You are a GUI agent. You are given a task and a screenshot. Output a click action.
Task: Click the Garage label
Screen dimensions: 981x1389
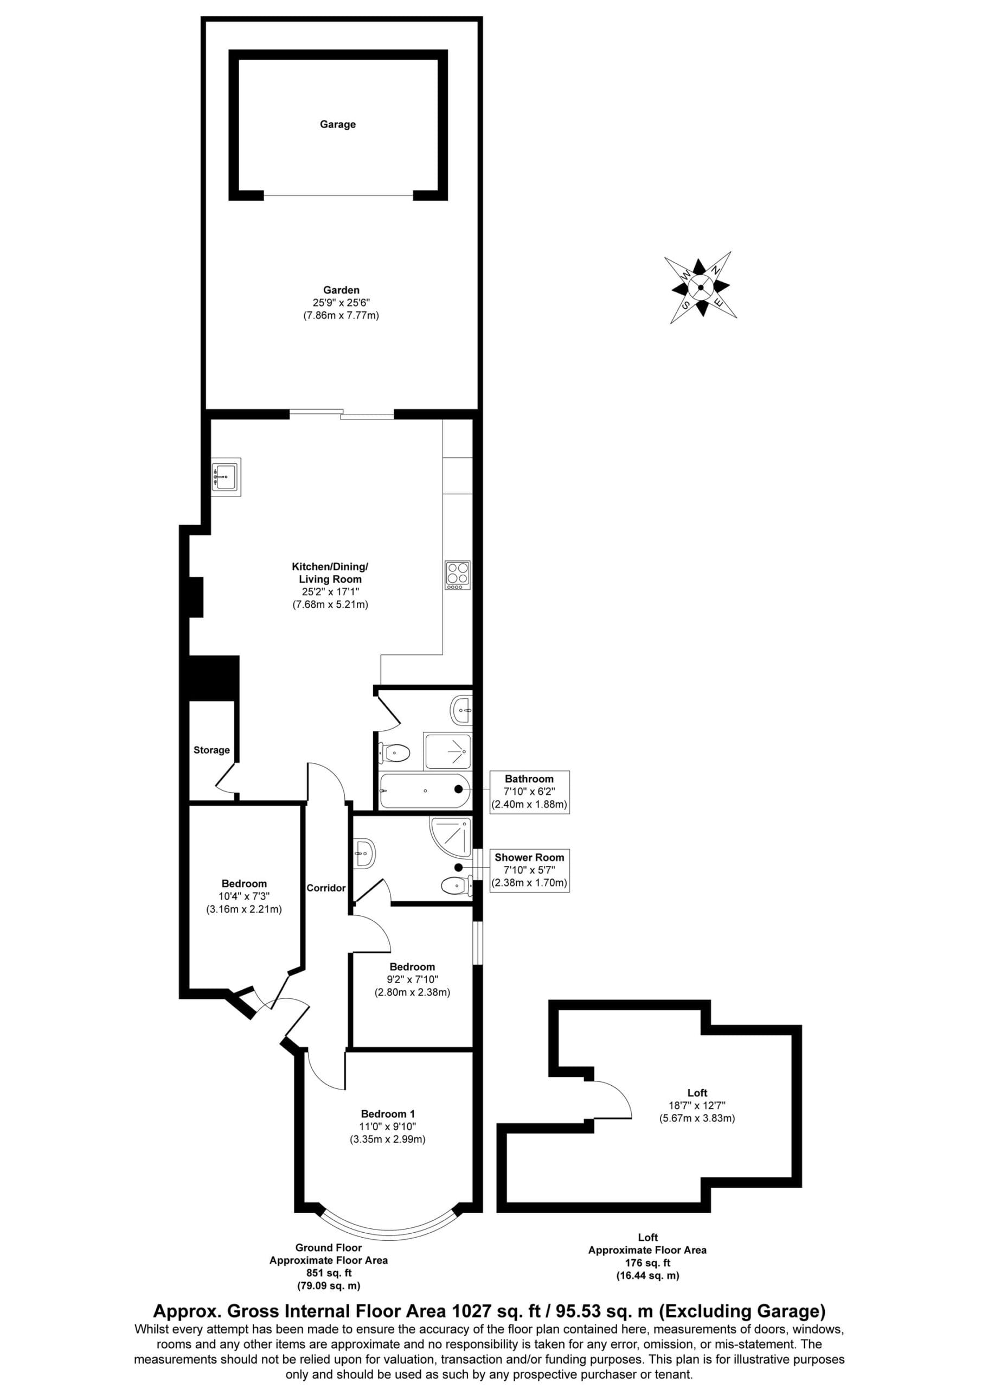coord(337,125)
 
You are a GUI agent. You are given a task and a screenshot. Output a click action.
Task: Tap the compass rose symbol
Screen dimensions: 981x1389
coord(701,288)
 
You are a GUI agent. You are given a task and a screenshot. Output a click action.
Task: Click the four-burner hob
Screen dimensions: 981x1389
coord(458,575)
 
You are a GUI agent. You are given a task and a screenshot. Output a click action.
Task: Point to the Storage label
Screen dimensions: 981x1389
coord(211,750)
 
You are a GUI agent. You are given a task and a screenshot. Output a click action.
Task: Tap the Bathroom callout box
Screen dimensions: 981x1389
coord(529,792)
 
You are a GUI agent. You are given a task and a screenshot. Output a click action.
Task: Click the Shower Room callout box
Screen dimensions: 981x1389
coord(529,870)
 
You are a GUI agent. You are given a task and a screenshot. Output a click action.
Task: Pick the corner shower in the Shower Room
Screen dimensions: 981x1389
coord(451,837)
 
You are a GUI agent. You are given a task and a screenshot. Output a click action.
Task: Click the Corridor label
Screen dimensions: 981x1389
coord(326,888)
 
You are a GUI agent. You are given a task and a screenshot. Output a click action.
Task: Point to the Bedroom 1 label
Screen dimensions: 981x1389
coord(388,1114)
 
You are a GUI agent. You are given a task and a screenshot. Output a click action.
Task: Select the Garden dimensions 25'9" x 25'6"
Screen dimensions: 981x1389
coord(341,302)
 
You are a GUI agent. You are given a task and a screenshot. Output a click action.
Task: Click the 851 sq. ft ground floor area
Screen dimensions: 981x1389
coord(329,1273)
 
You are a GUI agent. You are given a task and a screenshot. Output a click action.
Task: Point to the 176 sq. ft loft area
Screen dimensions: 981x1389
coord(647,1263)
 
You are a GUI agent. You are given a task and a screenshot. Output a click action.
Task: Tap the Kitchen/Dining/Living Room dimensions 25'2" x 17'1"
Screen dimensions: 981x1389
coord(330,591)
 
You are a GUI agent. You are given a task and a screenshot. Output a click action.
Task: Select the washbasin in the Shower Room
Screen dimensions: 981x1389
coord(365,853)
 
